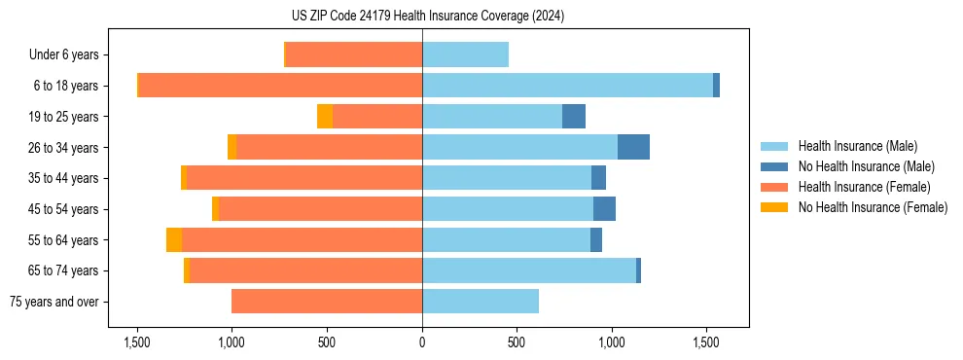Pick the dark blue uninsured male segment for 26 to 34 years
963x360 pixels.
coord(633,147)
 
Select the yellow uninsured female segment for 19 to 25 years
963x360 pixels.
coord(325,117)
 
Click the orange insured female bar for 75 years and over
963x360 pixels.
coord(327,302)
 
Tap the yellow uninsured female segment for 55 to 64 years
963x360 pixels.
coord(174,240)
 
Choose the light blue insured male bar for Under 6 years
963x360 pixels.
coord(465,55)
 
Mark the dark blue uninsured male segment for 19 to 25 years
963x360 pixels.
coord(574,117)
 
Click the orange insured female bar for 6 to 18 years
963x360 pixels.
coord(280,86)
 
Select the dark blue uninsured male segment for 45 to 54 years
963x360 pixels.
coord(604,209)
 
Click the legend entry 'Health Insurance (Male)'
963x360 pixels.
coord(857,146)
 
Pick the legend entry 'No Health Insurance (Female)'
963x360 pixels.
coord(873,207)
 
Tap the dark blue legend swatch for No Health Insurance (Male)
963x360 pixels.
coord(774,166)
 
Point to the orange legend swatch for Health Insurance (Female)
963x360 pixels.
coord(774,187)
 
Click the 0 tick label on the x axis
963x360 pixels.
coord(422,342)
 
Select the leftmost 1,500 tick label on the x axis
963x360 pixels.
coord(137,342)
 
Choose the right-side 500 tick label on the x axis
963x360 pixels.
coord(517,342)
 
